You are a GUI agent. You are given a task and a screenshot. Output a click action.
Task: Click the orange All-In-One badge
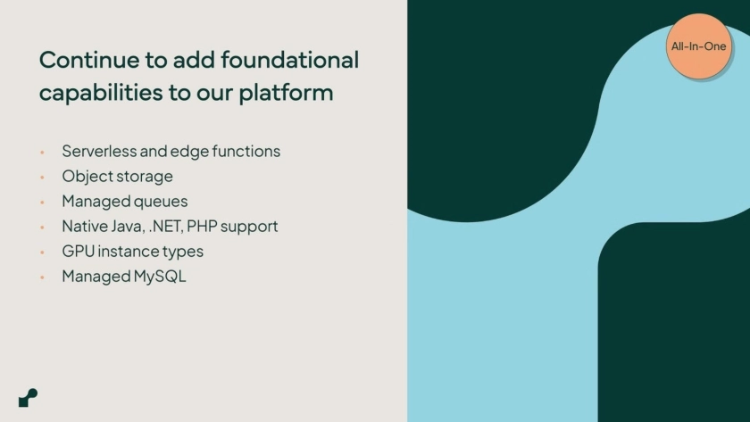[x=699, y=46]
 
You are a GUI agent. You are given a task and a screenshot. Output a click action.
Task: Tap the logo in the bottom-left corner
[x=29, y=398]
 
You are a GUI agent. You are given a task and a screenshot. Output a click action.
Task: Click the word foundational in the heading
[x=289, y=60]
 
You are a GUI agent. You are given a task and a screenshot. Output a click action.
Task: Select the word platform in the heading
[x=286, y=93]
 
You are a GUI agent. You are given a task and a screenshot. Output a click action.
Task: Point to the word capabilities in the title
[x=101, y=93]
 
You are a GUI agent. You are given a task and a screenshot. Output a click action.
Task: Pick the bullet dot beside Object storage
[x=42, y=177]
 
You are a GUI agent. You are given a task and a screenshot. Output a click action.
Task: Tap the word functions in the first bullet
[x=246, y=151]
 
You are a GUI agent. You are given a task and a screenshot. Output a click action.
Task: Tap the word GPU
[x=78, y=251]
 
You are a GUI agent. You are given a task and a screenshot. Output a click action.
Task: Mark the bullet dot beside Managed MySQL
[x=42, y=277]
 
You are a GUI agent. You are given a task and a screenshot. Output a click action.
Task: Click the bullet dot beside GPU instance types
[x=42, y=252]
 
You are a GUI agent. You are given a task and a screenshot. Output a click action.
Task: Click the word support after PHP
[x=249, y=227]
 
